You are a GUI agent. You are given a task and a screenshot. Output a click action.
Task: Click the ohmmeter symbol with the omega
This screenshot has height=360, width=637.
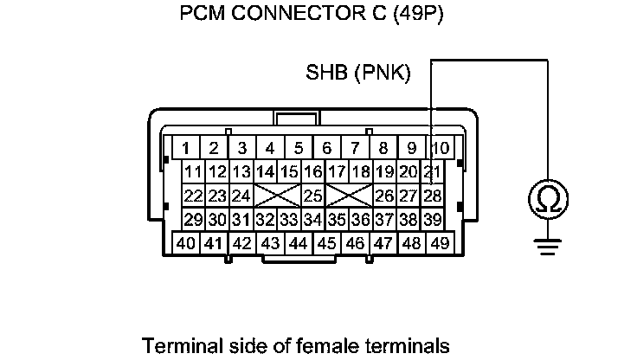point(547,200)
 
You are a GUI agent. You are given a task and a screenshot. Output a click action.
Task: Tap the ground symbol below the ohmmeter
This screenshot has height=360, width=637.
point(547,247)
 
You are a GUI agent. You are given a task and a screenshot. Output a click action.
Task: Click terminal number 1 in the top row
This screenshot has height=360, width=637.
point(185,148)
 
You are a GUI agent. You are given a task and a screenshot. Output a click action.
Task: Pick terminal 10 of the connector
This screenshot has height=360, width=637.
point(440,148)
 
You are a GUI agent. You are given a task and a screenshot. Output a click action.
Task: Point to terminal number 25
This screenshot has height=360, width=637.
point(312,196)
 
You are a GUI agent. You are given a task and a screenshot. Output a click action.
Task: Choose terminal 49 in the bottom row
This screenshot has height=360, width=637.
point(440,243)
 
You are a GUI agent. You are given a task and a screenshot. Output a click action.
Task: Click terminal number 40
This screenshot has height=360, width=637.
point(185,243)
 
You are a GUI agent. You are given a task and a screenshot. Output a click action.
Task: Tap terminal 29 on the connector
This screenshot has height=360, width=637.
point(194,220)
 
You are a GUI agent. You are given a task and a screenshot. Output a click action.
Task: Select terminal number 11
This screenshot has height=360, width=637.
point(194,171)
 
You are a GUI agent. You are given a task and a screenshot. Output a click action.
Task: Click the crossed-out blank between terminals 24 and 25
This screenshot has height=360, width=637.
point(277,196)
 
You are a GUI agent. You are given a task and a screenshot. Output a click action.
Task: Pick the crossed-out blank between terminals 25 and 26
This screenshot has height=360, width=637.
point(349,196)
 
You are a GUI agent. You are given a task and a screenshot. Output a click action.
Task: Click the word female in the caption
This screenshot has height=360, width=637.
point(319,346)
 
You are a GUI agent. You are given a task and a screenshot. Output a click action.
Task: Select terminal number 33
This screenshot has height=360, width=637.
point(289,220)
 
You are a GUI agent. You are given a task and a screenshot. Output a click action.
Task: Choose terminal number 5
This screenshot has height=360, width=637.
point(299,148)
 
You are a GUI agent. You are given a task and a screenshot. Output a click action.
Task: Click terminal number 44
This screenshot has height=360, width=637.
point(299,243)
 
